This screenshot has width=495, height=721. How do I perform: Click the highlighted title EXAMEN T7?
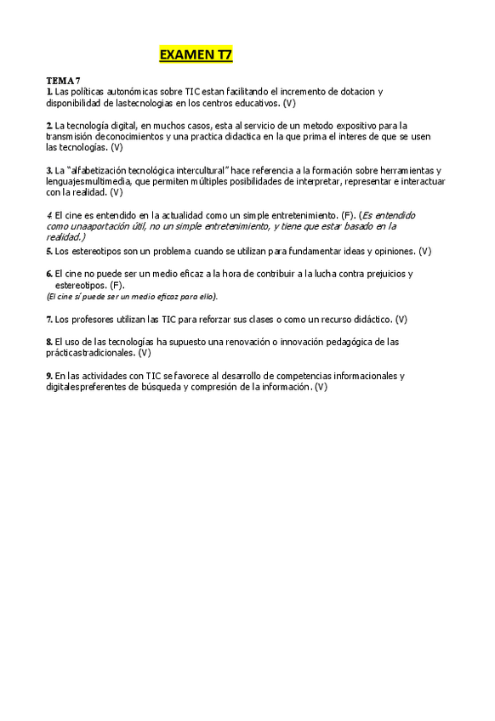click(196, 55)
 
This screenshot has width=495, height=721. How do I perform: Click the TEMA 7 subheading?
click(63, 80)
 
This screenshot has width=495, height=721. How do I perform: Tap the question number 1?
click(48, 91)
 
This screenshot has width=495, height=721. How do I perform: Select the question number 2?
click(48, 125)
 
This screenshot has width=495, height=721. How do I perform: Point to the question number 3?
click(48, 170)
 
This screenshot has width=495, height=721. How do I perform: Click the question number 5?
click(48, 251)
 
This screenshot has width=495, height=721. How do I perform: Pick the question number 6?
click(48, 274)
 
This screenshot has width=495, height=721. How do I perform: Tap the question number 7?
click(48, 319)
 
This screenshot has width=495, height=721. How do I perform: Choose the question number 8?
click(48, 341)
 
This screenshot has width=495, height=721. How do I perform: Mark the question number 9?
click(48, 375)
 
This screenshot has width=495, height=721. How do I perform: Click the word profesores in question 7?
click(93, 319)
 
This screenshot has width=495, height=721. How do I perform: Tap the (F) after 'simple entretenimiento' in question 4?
click(348, 215)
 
